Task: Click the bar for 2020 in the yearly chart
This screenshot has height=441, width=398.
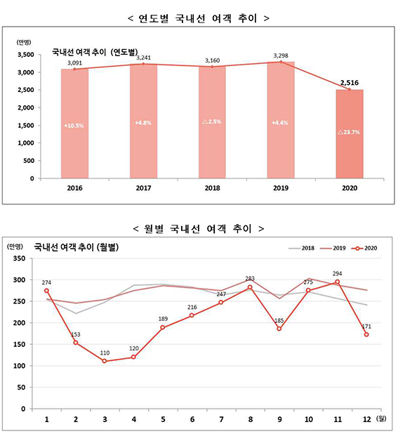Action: click(x=350, y=134)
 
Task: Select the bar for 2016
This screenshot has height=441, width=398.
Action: click(x=74, y=124)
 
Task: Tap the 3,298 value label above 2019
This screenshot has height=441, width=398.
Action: click(x=281, y=55)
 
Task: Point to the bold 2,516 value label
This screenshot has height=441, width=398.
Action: click(x=350, y=82)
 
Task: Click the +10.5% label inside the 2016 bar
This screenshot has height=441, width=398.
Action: click(x=74, y=126)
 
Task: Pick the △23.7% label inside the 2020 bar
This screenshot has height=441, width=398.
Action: click(x=349, y=132)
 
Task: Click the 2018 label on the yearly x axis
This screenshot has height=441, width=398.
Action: click(x=212, y=188)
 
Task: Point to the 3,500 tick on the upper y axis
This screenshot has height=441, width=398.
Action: click(x=26, y=55)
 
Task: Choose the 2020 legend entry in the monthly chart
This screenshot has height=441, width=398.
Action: click(x=364, y=248)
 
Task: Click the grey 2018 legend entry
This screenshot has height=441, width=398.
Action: click(x=302, y=248)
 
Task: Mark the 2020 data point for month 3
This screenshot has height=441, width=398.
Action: click(x=105, y=361)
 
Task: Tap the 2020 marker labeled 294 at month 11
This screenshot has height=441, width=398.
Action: click(x=338, y=282)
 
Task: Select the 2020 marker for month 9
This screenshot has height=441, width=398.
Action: click(x=279, y=329)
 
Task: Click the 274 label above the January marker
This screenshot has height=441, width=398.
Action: click(x=46, y=283)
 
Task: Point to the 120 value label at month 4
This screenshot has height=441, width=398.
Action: click(x=134, y=348)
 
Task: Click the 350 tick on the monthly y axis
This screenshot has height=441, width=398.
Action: click(x=19, y=258)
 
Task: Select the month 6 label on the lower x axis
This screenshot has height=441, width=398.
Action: click(x=192, y=419)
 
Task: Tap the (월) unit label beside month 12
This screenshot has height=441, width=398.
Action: click(x=381, y=419)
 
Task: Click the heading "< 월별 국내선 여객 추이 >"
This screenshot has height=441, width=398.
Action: click(x=199, y=229)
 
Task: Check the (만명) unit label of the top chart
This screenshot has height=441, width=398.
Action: click(x=24, y=42)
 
